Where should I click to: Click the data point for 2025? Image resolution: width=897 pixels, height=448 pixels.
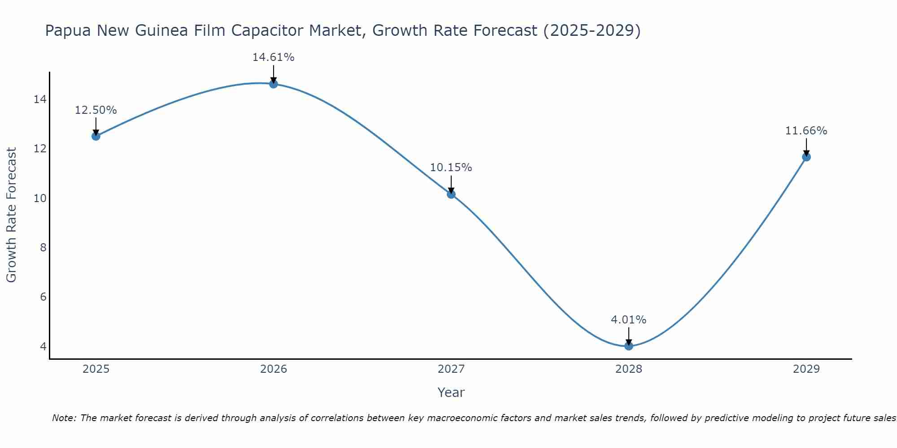point(96,136)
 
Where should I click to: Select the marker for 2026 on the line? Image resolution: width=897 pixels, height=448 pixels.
point(274,84)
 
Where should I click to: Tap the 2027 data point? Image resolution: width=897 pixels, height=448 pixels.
point(451,194)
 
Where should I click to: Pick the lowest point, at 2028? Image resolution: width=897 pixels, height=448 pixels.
point(629,346)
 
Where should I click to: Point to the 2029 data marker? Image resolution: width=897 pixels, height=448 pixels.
point(806,157)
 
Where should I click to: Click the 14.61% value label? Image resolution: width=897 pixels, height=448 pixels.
point(273,57)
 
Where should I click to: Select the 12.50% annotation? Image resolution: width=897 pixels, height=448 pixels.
point(96,110)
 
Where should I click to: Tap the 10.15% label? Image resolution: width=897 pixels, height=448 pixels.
point(451,168)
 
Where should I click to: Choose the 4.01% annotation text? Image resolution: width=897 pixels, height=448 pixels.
point(628,320)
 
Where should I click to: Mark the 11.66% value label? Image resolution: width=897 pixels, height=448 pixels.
point(806,131)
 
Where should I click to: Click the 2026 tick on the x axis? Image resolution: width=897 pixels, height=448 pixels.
point(274,369)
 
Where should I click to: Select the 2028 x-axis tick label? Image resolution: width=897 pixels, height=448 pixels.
point(629,369)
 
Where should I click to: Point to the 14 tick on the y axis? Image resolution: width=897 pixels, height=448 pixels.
point(40,99)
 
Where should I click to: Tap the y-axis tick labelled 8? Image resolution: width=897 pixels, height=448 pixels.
point(43,248)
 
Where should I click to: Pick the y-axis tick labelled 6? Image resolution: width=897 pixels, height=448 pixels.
point(43,297)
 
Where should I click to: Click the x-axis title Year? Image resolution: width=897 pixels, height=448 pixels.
point(451,392)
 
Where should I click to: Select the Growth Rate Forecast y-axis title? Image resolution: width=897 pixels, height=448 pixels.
point(11,215)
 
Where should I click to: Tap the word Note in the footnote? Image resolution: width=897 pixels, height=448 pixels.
point(64,418)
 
